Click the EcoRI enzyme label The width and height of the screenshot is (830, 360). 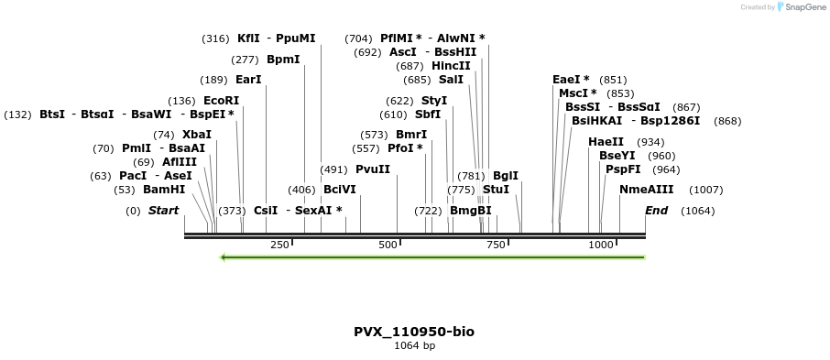point(222,101)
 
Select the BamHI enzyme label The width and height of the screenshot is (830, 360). point(164,190)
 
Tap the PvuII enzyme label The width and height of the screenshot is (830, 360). point(373,169)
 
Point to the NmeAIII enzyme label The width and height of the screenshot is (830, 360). point(647,190)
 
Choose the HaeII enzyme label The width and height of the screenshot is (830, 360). point(606,142)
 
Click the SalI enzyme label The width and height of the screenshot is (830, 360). point(451,80)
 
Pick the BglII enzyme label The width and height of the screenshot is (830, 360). point(506,176)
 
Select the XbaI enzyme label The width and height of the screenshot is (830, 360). point(196,135)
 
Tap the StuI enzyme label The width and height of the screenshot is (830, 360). point(496,190)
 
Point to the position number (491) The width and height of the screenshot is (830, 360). point(334,170)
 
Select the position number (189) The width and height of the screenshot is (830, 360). point(213,81)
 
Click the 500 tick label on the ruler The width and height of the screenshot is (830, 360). point(388,245)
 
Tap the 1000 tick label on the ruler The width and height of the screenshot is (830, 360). point(601,245)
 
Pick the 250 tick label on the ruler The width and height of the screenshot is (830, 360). point(280,245)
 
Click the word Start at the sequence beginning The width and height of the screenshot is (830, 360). point(164,211)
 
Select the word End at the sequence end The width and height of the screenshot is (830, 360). point(656,211)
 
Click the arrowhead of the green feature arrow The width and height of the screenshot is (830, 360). point(223,257)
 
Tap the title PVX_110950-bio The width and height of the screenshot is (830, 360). point(414,332)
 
